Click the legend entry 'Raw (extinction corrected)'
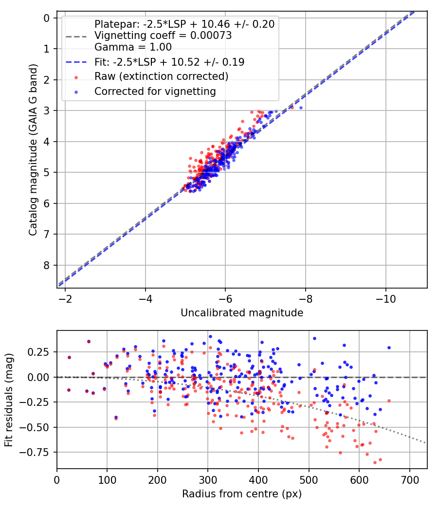coord(161,76)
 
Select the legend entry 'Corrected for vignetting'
coord(155,91)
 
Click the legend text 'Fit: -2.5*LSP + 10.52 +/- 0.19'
coord(169,62)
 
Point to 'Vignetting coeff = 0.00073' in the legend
coord(163,36)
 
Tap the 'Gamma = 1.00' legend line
coord(133,47)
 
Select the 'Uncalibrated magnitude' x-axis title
coord(242,313)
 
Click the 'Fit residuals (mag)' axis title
coord(9,400)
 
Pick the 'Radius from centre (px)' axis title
coord(242,494)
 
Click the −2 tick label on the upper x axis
coord(65,297)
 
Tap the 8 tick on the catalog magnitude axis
coord(47,265)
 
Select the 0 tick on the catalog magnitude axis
coord(47,18)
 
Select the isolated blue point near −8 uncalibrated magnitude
coord(301,108)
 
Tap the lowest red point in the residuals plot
coord(375,462)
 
